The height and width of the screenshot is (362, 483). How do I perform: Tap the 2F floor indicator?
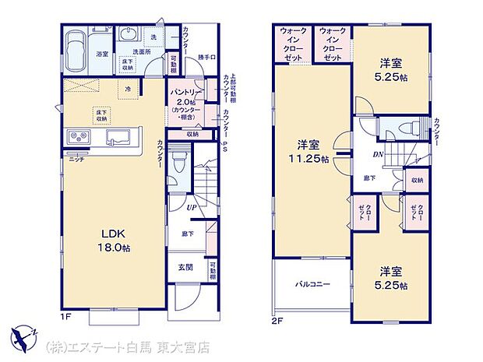[x=277, y=318]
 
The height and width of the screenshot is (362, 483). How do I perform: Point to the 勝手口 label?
[x=205, y=55]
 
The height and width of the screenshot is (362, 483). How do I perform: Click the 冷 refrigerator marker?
[x=129, y=88]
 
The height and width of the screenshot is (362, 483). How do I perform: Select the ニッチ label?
[x=76, y=159]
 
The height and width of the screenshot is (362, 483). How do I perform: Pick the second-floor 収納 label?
[x=418, y=181]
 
